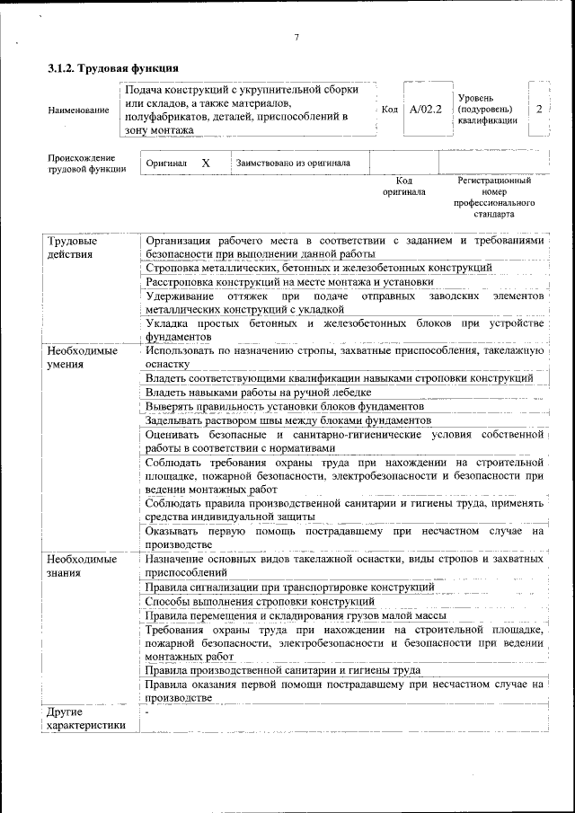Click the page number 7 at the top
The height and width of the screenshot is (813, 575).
tap(295, 37)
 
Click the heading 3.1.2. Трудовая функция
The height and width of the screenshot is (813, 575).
tap(112, 68)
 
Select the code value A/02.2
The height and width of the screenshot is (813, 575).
tap(425, 110)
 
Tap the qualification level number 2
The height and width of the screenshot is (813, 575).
tap(538, 109)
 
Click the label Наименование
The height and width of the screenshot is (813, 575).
tap(77, 110)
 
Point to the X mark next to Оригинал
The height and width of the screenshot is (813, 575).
tap(205, 163)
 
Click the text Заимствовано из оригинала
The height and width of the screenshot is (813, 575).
tap(293, 163)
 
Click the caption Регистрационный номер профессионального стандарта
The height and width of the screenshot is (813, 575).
tap(493, 198)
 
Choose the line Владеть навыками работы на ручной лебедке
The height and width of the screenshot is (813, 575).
tap(258, 393)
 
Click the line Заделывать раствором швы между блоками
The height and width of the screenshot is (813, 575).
tap(287, 420)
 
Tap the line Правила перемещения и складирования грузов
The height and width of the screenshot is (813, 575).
tap(296, 615)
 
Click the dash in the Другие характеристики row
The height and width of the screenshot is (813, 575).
tap(147, 712)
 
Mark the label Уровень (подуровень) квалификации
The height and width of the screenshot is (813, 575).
tap(487, 109)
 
